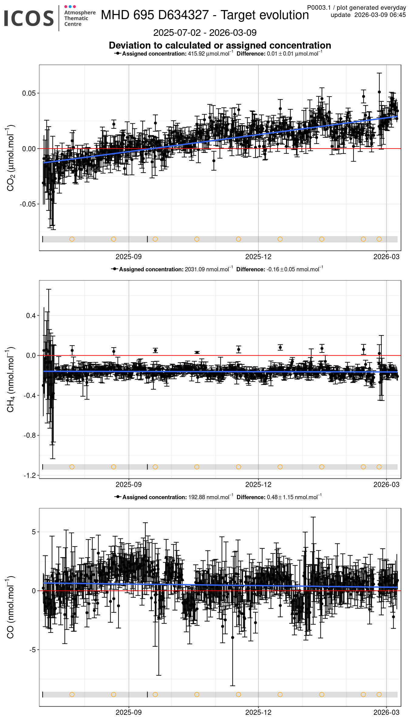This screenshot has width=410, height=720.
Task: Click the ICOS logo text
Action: click(x=29, y=18)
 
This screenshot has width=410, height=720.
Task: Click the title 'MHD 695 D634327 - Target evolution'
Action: click(x=205, y=15)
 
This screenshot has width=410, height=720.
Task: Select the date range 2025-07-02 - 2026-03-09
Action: click(x=205, y=33)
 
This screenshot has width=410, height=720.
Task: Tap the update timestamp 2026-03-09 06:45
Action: click(x=380, y=15)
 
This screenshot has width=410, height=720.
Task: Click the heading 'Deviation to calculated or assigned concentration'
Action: click(x=220, y=45)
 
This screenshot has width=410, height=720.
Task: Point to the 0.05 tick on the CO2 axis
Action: click(x=29, y=93)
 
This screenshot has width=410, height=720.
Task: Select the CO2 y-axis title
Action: click(x=10, y=158)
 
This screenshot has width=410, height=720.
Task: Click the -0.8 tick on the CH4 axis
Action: click(x=29, y=435)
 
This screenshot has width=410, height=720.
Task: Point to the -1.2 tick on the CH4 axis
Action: click(x=29, y=475)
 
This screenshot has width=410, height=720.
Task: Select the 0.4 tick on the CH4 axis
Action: click(x=31, y=316)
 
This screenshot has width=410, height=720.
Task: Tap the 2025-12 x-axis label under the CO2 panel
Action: click(x=258, y=257)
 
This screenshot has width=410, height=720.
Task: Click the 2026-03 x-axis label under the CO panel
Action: click(x=386, y=712)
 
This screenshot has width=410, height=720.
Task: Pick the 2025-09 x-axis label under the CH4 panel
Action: click(x=128, y=485)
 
